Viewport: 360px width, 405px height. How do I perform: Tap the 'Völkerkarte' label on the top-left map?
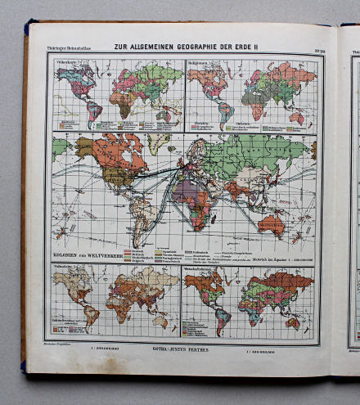coord(67,63)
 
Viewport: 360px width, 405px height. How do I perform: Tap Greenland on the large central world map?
coord(158,144)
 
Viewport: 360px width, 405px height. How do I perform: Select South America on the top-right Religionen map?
coord(223,110)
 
